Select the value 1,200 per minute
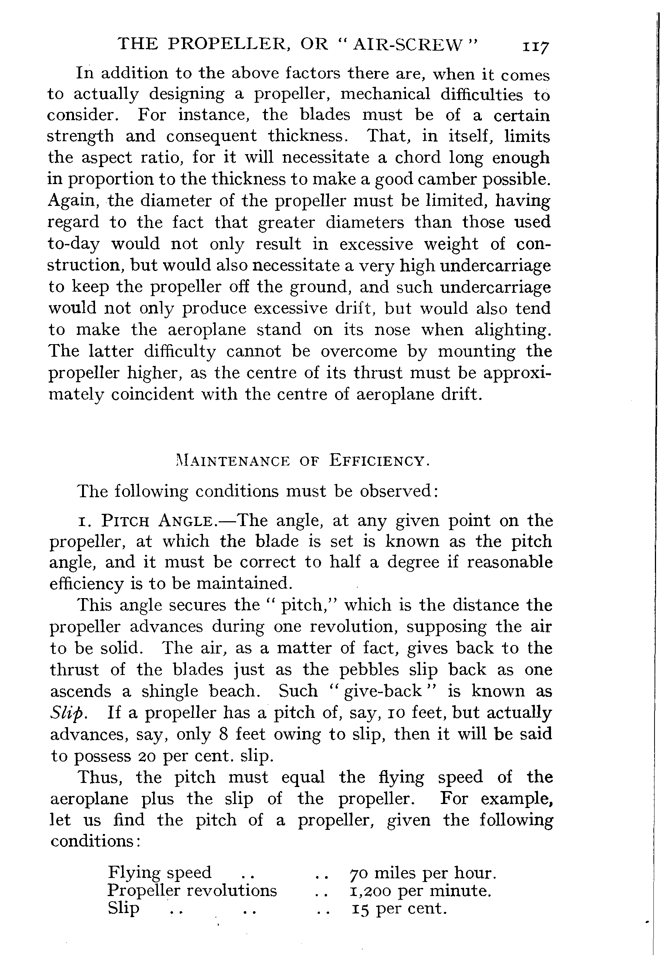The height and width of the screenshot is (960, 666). pos(420,891)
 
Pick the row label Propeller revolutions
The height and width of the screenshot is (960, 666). pos(192,891)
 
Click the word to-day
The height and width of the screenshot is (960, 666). pos(74,244)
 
